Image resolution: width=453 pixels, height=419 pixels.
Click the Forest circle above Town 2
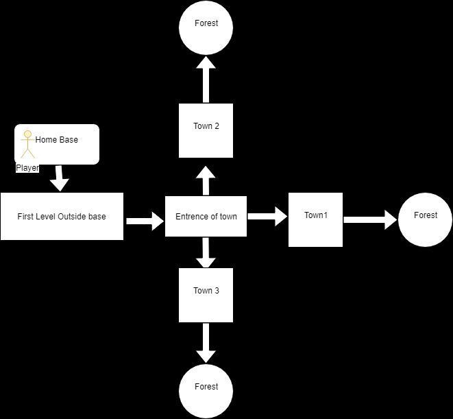(206, 27)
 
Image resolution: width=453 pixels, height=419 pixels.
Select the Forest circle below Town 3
(206, 392)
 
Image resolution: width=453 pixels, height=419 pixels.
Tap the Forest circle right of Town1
(425, 219)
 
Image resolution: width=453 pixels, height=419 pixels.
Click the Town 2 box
(206, 131)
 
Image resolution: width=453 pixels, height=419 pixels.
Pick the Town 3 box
(206, 296)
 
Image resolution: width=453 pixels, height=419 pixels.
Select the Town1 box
(315, 219)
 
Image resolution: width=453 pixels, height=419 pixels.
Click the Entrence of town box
(206, 216)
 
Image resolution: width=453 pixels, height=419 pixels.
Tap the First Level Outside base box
(62, 216)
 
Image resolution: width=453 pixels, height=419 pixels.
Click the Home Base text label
(57, 140)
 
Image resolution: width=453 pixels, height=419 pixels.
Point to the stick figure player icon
(27, 144)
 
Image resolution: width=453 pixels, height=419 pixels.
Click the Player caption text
(27, 168)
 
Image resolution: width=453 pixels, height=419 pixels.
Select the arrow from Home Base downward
(60, 178)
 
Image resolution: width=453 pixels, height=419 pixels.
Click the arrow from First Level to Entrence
(145, 222)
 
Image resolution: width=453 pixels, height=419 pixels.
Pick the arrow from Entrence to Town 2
(206, 181)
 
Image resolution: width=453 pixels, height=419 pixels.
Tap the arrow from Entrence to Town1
(267, 216)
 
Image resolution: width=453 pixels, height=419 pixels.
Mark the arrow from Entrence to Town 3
(206, 252)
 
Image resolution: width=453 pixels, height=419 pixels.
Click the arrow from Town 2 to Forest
(206, 80)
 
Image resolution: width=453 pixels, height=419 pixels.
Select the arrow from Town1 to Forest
(370, 219)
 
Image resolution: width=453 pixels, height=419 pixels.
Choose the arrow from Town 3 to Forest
(206, 343)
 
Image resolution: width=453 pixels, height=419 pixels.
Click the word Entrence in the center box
(189, 216)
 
